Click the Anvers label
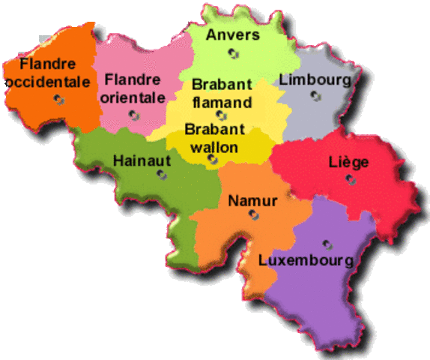click(x=233, y=34)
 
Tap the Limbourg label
click(x=315, y=79)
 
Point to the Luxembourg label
click(x=306, y=260)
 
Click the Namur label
click(x=252, y=200)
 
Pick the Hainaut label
click(x=142, y=160)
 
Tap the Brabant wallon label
click(x=212, y=137)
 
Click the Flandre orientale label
click(x=133, y=87)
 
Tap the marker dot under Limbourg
click(x=316, y=95)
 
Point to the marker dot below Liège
click(x=349, y=178)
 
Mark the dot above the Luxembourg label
click(x=327, y=244)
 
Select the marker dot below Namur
click(x=254, y=215)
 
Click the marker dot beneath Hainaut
click(x=161, y=174)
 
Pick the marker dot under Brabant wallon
click(x=212, y=158)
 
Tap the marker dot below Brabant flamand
click(x=220, y=115)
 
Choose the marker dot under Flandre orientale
click(x=133, y=115)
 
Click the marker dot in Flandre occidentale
click(x=58, y=98)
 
